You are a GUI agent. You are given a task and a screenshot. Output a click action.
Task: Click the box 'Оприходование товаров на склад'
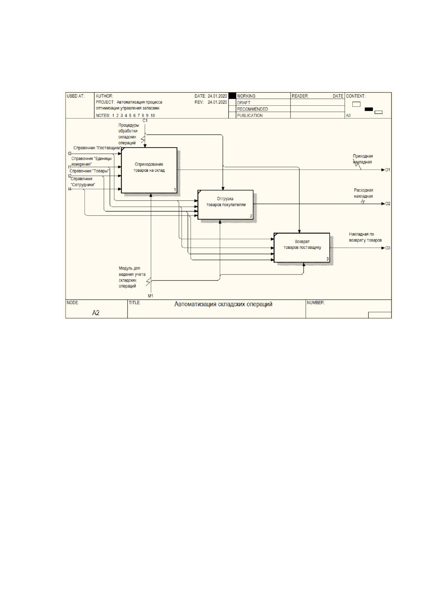point(149,170)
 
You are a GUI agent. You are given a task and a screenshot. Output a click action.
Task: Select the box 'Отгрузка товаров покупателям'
point(225,205)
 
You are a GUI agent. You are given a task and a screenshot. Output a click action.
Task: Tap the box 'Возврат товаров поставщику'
point(302,248)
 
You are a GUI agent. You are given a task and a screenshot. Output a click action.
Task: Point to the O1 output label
point(387,170)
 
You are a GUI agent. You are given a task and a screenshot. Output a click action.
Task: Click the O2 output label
point(387,204)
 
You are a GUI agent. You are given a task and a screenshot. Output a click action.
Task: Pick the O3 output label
point(387,248)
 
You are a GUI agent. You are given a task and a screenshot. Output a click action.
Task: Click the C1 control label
point(145,121)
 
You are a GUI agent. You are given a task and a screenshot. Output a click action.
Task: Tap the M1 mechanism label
point(150,296)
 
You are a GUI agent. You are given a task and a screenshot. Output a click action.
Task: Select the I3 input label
point(70,153)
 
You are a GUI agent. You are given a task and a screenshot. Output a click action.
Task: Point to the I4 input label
point(70,189)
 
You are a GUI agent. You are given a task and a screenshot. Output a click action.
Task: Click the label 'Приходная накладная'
point(363,159)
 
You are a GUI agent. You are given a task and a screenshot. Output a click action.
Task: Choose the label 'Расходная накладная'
point(363,193)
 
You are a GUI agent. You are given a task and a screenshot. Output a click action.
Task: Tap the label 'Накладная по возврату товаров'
point(365,237)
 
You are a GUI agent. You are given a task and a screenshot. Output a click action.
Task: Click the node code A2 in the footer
point(95,313)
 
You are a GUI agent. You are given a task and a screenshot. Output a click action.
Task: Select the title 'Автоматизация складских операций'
point(223,304)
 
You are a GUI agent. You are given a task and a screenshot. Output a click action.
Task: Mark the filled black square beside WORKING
point(232,96)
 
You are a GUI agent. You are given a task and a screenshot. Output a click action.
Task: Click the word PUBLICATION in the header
point(250,116)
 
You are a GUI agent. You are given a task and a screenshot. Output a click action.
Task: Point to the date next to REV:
point(217,102)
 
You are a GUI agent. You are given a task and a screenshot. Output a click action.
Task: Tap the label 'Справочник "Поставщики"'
point(97,148)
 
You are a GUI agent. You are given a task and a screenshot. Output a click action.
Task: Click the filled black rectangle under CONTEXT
point(368,109)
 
